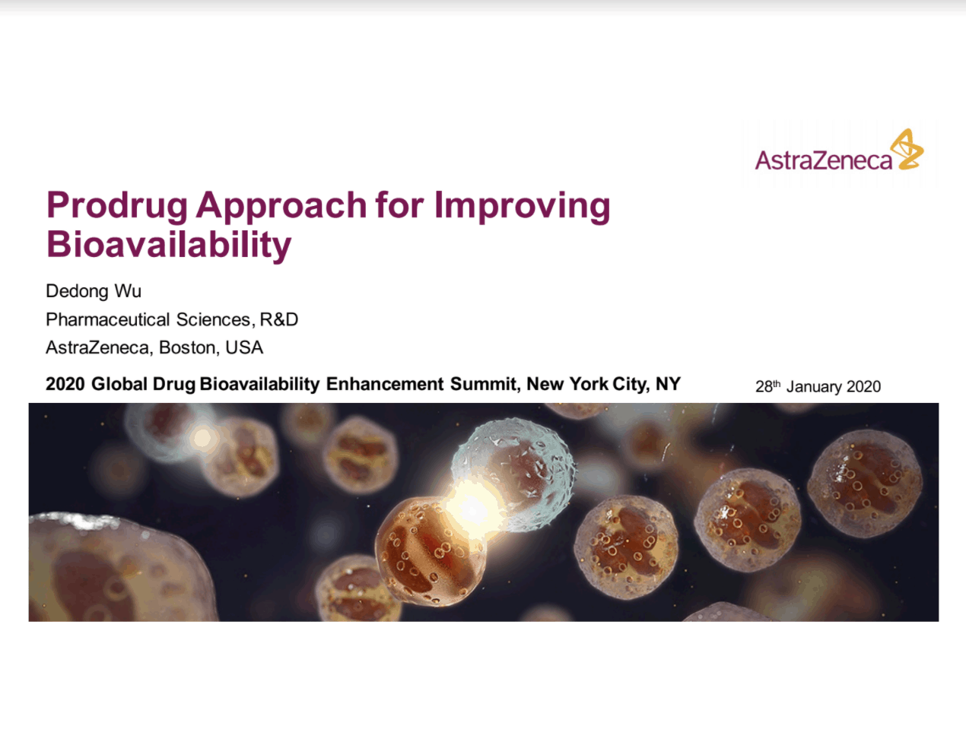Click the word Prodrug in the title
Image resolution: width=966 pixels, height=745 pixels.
(116, 206)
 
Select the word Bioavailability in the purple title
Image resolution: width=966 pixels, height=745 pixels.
(169, 245)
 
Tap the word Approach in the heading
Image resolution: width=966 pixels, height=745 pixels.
(281, 206)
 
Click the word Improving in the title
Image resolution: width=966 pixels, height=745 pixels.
(522, 206)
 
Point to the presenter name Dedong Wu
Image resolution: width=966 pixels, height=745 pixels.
(94, 291)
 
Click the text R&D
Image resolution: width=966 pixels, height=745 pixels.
(279, 319)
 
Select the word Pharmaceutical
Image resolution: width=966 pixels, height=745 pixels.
(107, 319)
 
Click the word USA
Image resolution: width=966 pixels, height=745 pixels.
(244, 347)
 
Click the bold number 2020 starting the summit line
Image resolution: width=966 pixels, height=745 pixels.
(65, 384)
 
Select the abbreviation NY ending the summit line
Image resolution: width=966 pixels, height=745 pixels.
(668, 384)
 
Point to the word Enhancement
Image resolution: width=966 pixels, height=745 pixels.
(385, 384)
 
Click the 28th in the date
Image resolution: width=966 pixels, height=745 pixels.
(767, 386)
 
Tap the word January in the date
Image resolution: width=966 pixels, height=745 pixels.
(814, 386)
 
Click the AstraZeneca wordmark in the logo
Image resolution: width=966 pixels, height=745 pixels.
(824, 160)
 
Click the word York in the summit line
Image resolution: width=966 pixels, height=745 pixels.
(589, 384)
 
